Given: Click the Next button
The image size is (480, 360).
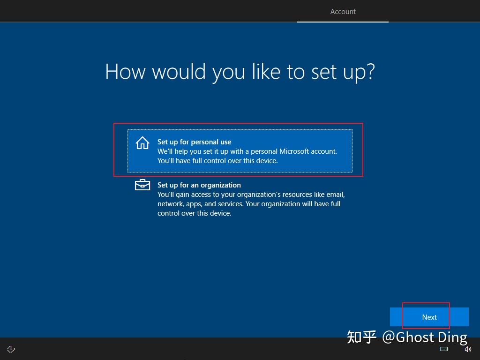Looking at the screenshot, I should (x=429, y=317).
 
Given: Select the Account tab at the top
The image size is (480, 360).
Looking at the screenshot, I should (x=343, y=12).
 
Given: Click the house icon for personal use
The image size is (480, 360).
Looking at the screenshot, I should (x=142, y=143).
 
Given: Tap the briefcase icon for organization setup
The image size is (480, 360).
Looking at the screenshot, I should (x=142, y=185).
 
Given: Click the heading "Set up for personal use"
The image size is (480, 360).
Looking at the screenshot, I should (x=194, y=142).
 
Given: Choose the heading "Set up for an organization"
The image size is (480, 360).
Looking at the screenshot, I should (x=199, y=185).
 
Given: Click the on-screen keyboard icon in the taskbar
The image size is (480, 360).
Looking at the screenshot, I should (x=444, y=349).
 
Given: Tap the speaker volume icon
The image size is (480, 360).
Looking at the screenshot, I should (x=467, y=349).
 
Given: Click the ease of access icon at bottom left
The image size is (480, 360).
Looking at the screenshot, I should (x=11, y=349).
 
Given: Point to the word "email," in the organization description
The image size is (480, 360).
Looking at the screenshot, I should (x=335, y=195).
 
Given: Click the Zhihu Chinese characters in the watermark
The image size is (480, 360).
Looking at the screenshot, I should (x=361, y=337).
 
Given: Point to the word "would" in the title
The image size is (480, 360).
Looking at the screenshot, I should (x=179, y=72).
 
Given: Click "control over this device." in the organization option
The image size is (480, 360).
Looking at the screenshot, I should (x=194, y=213).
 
